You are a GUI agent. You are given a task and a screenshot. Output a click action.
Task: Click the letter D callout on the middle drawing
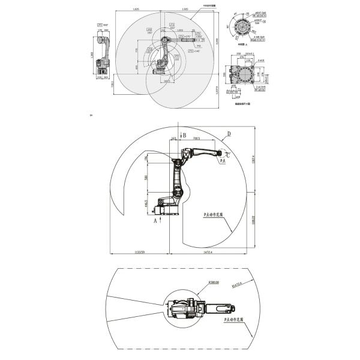click(229, 133)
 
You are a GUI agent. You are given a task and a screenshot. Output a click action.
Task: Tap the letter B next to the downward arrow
click(185, 136)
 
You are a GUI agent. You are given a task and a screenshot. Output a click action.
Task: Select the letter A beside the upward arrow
click(155, 221)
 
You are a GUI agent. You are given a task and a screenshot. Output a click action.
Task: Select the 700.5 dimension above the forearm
click(196, 139)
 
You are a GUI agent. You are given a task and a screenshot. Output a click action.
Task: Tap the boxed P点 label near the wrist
click(222, 161)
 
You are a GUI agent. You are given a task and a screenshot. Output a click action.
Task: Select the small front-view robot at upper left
click(104, 57)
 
